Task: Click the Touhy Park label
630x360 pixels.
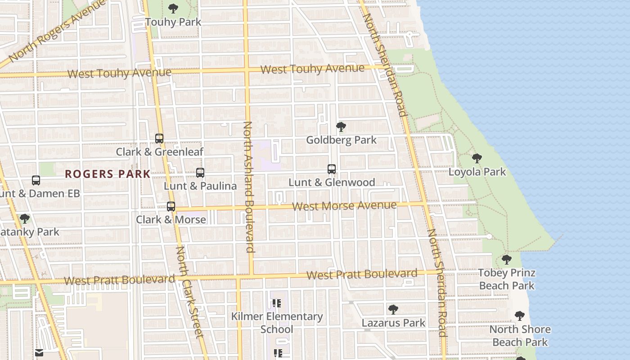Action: pos(173,22)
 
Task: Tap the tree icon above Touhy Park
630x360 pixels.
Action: pos(173,8)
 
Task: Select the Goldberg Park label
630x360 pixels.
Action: pos(341,140)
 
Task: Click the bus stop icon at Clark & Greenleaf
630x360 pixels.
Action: pos(159,138)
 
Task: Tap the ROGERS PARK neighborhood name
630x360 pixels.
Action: pos(108,174)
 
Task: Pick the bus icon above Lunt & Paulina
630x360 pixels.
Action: pos(200,172)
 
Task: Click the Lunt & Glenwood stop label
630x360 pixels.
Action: pos(332,182)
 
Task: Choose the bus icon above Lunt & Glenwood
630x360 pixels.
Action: pos(332,169)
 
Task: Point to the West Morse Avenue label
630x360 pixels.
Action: pos(344,206)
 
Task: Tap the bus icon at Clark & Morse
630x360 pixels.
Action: pos(171,206)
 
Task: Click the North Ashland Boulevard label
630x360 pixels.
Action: pos(248,187)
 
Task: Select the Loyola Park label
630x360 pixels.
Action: pos(477,172)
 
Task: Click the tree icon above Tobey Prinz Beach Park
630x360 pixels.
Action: pos(507,260)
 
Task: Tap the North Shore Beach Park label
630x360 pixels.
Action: pos(520,336)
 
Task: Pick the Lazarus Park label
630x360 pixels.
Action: pos(393,323)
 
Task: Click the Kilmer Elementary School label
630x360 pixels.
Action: pos(277,323)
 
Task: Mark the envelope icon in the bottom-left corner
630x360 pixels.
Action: pos(39,353)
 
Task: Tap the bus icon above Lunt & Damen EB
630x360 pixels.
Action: pos(36,180)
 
